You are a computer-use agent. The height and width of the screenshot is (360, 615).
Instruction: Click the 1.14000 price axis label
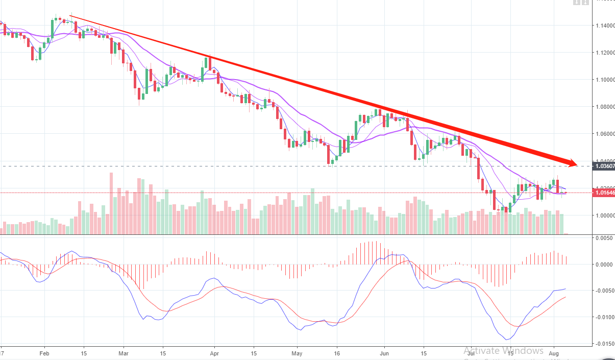[x=604, y=26]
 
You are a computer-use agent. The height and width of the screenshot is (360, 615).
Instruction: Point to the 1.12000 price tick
[x=604, y=53]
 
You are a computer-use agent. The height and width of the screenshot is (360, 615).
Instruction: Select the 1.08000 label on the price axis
[x=604, y=107]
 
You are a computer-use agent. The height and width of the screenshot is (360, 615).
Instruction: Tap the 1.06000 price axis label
[x=604, y=134]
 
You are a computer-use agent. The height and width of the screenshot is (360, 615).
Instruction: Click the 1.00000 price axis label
[x=604, y=215]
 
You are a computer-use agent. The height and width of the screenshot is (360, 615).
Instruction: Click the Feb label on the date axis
[x=44, y=352]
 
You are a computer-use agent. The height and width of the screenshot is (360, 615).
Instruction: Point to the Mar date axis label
[x=123, y=352]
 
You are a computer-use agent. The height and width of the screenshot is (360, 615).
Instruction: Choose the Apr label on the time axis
[x=214, y=352]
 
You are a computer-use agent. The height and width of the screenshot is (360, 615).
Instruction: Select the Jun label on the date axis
[x=384, y=352]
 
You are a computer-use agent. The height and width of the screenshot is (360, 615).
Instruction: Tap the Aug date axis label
[x=554, y=352]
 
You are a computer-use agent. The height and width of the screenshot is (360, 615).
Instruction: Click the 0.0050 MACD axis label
[x=603, y=238]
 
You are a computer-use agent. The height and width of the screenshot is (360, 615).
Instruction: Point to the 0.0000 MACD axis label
[x=603, y=265]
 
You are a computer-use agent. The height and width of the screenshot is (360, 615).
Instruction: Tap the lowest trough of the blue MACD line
[x=507, y=340]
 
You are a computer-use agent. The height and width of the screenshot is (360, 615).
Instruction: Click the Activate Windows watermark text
[x=504, y=351]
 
